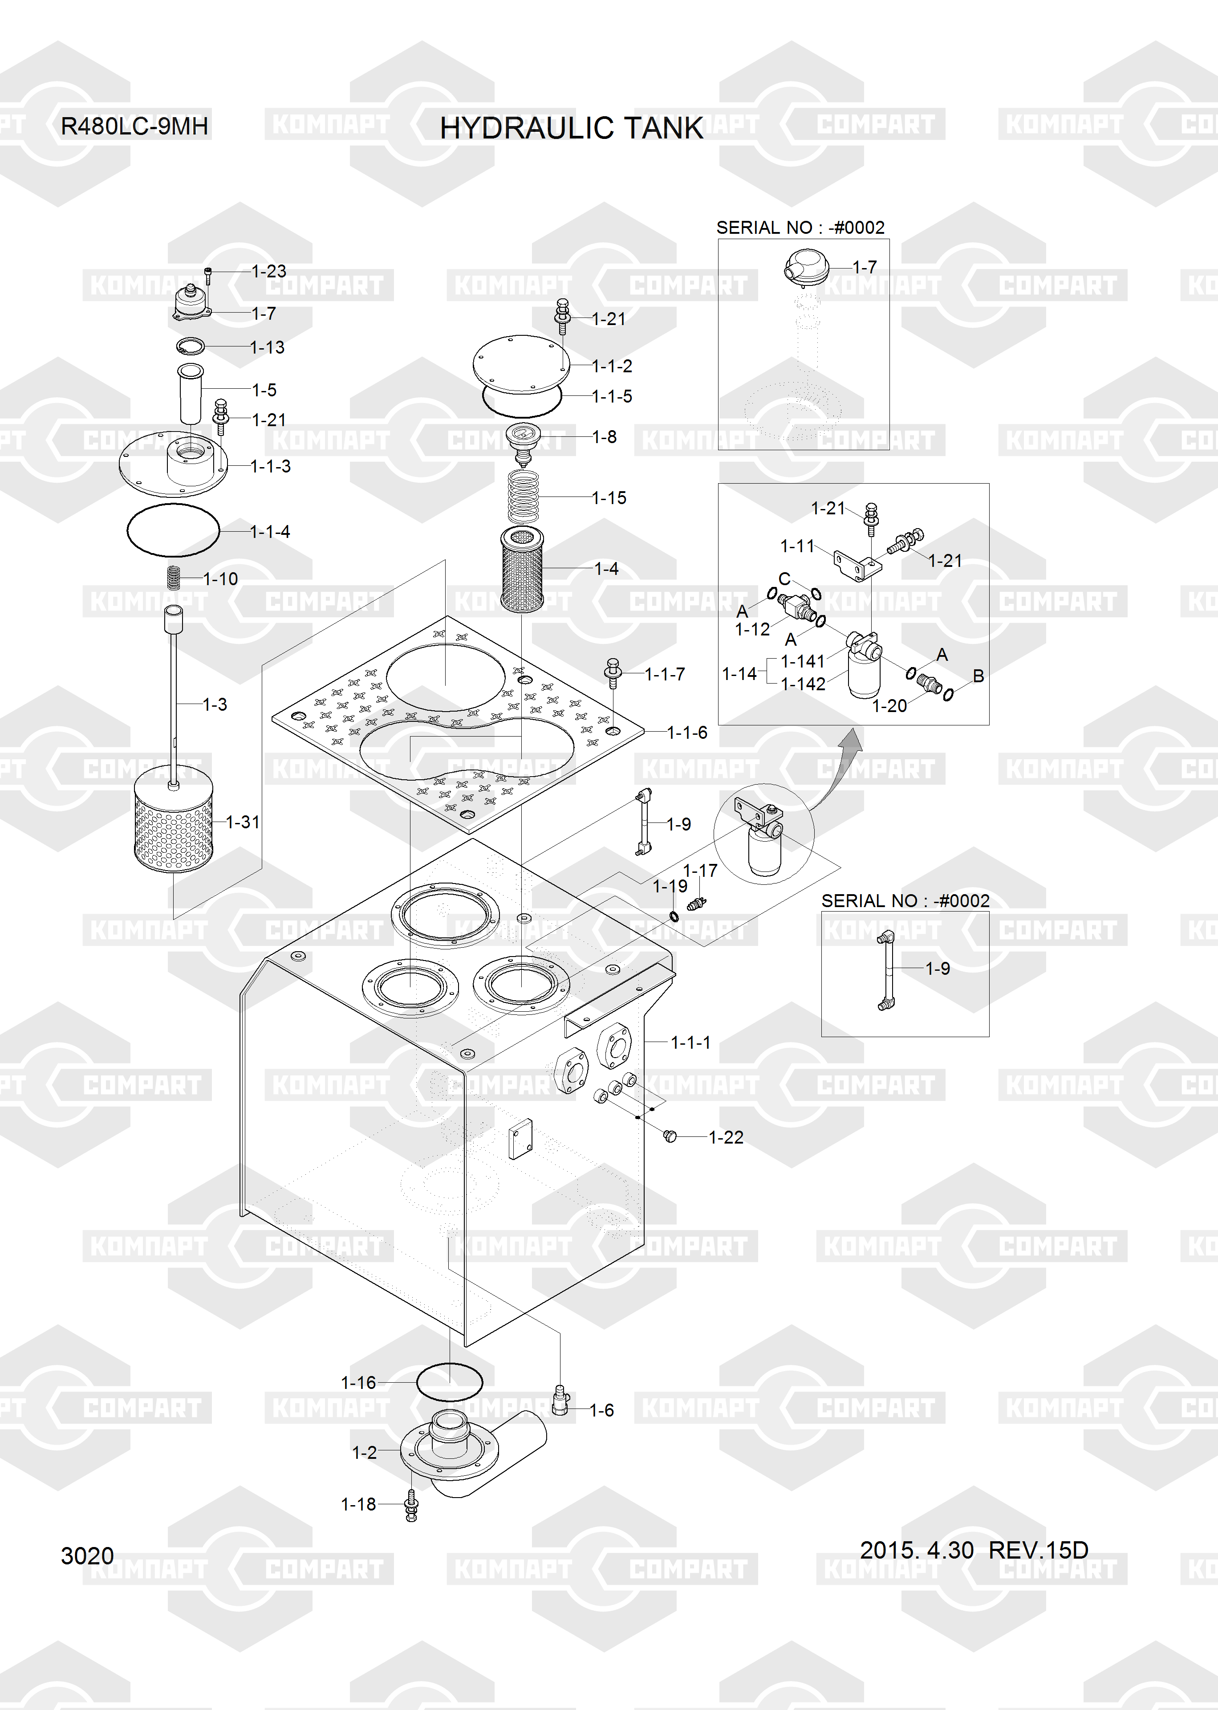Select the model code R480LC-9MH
[x=134, y=126]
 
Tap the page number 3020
[x=87, y=1555]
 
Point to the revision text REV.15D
[x=1038, y=1550]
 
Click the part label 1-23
[x=268, y=272]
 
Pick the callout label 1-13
[x=268, y=347]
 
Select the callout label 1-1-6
[x=687, y=733]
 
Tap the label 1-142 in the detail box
[x=803, y=684]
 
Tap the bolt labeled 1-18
[x=411, y=1505]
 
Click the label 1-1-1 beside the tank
[x=690, y=1042]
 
